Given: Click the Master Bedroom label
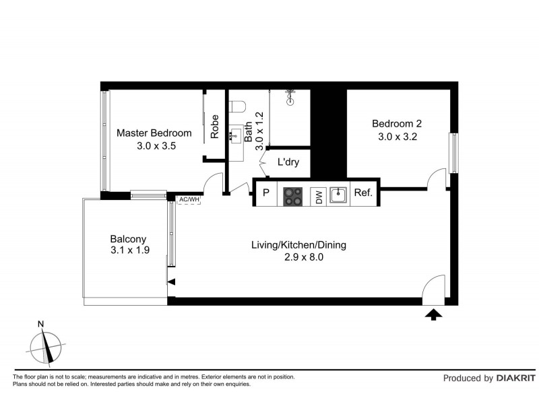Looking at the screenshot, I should pos(154,133).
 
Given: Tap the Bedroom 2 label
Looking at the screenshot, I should pos(397,123).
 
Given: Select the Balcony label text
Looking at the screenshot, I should pos(128,239).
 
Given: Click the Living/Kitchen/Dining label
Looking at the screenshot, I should pos(298,245).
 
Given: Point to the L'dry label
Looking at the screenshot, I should pos(288,163).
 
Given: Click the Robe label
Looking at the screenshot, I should pos(215,127).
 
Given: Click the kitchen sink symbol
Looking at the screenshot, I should pos(338,195).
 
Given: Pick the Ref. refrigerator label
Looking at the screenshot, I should pos(363,193).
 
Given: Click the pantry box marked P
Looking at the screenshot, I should pos(266,193).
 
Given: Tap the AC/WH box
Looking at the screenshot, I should pos(189,199).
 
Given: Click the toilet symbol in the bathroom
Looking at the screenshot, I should pos(236,105).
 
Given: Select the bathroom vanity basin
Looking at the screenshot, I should pos(236,136).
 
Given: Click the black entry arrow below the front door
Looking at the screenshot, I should pos(433,313).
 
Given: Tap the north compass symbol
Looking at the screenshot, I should pos(45,346).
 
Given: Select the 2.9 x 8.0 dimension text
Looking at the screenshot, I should pos(298,257).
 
